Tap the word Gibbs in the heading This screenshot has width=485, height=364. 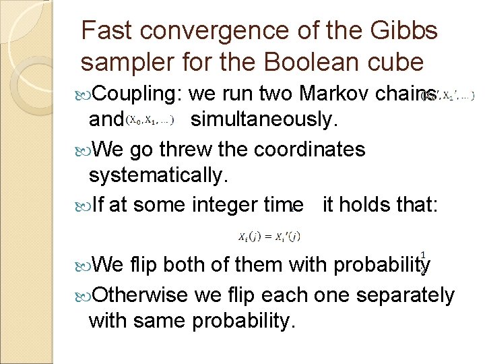[x=403, y=30]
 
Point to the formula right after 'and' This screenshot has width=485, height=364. [x=150, y=121]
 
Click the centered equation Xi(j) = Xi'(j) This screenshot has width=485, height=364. [x=269, y=237]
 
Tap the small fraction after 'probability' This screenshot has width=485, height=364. [x=422, y=262]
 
